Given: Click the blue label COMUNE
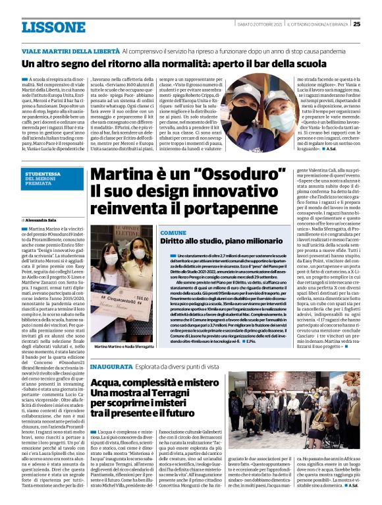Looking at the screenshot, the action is tap(173, 233).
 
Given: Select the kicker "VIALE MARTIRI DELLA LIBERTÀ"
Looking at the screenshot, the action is tap(63, 51).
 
